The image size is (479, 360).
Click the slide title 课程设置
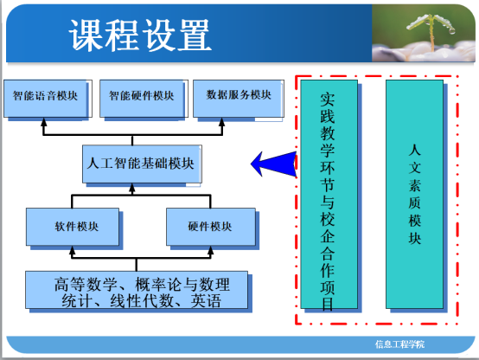[x=140, y=35]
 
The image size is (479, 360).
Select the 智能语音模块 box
[x=46, y=99]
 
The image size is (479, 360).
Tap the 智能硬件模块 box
[x=142, y=99]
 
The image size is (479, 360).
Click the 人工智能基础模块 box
[x=142, y=164]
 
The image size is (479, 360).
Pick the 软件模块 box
[x=73, y=227]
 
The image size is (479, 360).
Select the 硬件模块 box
[x=211, y=227]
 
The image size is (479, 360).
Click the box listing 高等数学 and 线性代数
[x=137, y=290]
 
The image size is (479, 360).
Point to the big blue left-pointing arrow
[x=274, y=164]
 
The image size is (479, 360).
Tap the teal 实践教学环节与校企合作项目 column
[x=329, y=194]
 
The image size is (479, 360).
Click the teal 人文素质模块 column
[x=414, y=194]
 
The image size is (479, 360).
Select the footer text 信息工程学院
[x=399, y=344]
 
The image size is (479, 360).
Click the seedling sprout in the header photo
[x=431, y=30]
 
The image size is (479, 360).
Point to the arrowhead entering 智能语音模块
[x=44, y=122]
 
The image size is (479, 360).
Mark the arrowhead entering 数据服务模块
[x=222, y=122]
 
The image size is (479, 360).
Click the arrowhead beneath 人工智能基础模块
[x=132, y=188]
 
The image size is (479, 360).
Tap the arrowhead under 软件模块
[x=72, y=250]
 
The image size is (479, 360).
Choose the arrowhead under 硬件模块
[x=210, y=250]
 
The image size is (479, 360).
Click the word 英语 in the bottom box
[x=206, y=300]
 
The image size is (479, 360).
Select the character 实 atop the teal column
[x=328, y=100]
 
